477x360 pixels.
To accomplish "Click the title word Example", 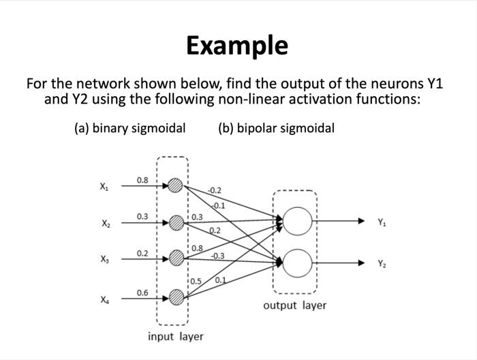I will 237,46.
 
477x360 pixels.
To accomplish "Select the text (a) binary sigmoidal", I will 129,128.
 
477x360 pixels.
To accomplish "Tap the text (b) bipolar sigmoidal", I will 277,128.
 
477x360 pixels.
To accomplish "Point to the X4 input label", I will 104,299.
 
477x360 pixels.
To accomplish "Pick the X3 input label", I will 104,260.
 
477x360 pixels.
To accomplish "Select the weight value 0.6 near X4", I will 142,292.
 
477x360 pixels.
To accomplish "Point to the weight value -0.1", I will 218,205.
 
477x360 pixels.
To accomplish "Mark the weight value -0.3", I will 218,256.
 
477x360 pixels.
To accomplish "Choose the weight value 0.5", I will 196,281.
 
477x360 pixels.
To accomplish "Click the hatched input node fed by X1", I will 176,185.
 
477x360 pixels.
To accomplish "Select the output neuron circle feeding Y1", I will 297,221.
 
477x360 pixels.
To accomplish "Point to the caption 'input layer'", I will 176,336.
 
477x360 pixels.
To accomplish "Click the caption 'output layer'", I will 294,305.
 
